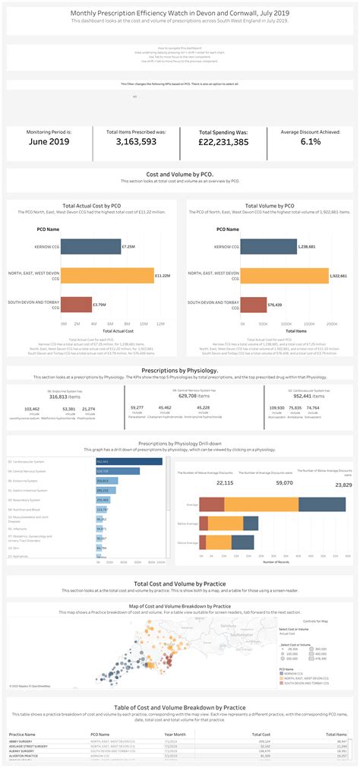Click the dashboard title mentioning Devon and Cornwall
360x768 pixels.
coord(180,13)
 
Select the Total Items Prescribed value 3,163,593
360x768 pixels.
coord(136,141)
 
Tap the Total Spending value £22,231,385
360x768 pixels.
coord(223,142)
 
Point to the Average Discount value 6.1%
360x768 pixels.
coord(311,141)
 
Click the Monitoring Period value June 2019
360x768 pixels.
coord(49,141)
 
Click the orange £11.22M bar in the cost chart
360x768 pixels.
coord(106,275)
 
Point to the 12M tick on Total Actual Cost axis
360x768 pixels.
coord(159,324)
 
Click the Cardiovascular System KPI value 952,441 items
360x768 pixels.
coord(303,396)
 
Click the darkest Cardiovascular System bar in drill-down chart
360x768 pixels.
coord(129,461)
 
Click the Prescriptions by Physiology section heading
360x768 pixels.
coord(180,370)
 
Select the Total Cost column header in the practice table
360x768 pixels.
coord(260,735)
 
